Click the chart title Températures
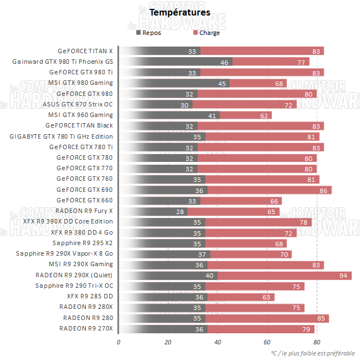(x=180, y=12)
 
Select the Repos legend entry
(x=151, y=33)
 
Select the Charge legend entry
(x=209, y=33)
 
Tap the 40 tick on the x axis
(x=217, y=342)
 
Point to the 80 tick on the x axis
(x=316, y=342)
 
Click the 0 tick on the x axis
(x=119, y=342)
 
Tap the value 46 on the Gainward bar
(x=224, y=62)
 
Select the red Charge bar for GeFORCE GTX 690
(x=269, y=190)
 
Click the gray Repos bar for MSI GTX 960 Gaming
(x=169, y=115)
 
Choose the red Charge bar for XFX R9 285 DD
(x=240, y=297)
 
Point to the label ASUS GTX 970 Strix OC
(x=78, y=104)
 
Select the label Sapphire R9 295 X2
(x=83, y=243)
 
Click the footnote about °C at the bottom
(x=313, y=353)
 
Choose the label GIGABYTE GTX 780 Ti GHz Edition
(x=61, y=136)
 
